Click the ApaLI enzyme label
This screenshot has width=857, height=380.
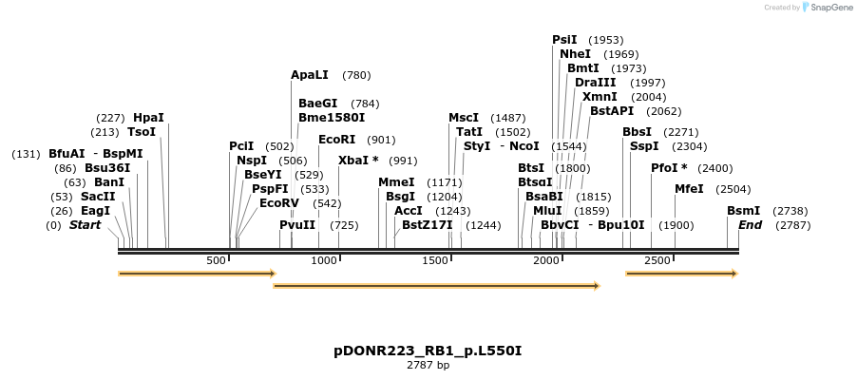pos(310,75)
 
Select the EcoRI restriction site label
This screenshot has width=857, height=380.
pos(336,140)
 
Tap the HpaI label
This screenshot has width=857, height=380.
pos(148,118)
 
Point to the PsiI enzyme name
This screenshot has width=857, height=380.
pos(564,40)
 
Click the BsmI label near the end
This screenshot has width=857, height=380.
pos(743,211)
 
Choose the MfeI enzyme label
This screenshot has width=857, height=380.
pos(689,189)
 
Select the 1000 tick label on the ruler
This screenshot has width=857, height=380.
pos(325,260)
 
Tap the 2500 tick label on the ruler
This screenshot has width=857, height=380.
pos(657,260)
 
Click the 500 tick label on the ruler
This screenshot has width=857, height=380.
pos(216,260)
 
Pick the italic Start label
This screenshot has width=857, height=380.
pos(85,225)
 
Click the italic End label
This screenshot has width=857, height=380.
pos(750,225)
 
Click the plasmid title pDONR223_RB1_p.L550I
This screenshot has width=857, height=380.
pos(428,351)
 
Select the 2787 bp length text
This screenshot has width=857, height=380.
pos(428,365)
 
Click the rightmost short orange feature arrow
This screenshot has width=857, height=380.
pos(681,274)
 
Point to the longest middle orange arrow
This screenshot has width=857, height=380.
pos(436,285)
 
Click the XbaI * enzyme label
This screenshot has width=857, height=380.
pos(358,161)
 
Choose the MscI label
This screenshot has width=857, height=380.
pos(464,118)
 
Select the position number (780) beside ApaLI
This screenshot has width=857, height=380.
pos(356,75)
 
